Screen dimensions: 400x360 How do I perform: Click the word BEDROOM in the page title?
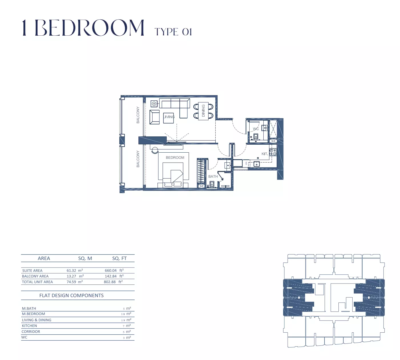90,28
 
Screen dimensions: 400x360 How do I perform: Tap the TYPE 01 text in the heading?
173,32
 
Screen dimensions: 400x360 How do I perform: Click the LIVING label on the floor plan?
169,117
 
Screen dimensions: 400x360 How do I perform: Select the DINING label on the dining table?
203,111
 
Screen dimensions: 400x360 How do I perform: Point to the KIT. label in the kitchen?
264,154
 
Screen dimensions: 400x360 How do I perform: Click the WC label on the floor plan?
256,129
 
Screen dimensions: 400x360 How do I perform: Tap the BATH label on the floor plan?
213,177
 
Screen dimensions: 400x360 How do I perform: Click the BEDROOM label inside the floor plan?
175,157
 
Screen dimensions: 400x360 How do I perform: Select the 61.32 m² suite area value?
74,270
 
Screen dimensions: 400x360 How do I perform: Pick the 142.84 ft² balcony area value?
114,276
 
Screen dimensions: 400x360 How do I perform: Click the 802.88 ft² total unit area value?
113,282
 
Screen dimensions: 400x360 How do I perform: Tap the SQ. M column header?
85,258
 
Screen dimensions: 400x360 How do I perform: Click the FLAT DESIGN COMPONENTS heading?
71,295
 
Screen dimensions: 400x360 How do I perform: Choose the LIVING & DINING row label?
37,320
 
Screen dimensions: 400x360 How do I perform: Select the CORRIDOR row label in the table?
31,331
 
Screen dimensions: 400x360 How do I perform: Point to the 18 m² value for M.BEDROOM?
126,314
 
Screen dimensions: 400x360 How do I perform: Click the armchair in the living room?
155,117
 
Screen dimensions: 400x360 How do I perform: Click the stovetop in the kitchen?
273,152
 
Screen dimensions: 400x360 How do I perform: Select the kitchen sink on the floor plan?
256,165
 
